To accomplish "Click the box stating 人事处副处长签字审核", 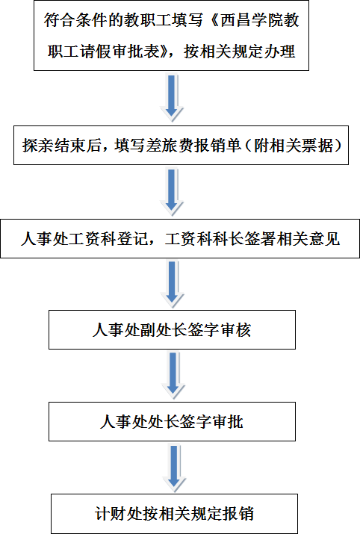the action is click(x=172, y=329).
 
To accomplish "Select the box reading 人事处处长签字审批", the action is click(x=172, y=422).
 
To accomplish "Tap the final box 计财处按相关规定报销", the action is click(x=174, y=514).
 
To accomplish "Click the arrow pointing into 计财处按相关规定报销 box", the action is click(x=174, y=468).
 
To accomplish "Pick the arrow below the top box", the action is click(x=172, y=98).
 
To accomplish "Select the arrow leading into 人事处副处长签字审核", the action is click(x=172, y=285).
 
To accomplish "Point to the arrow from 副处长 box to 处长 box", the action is click(x=173, y=376).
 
